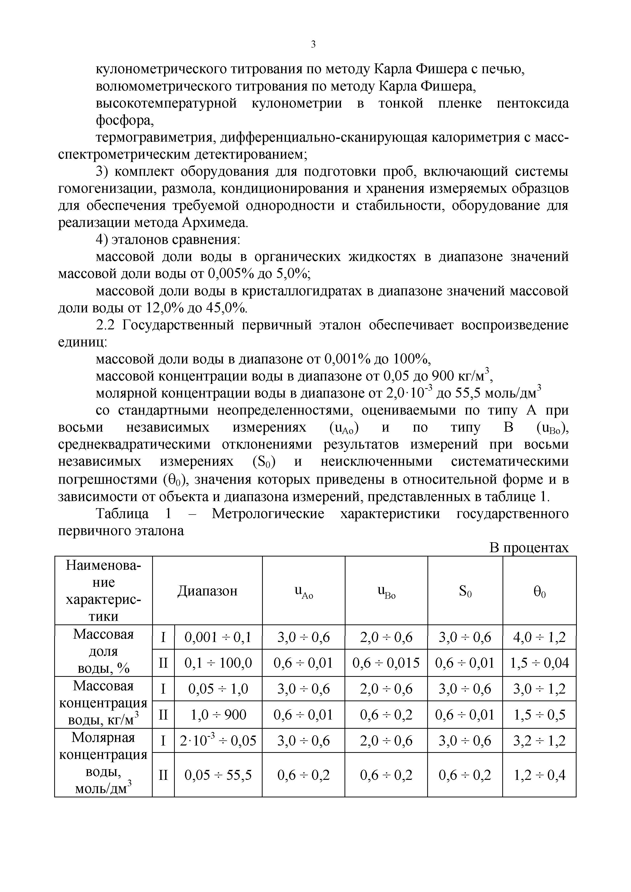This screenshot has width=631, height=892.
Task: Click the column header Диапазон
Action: [207, 591]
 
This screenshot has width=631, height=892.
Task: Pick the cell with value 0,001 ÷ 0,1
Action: [218, 637]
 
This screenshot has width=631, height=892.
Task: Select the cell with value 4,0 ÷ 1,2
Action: [539, 637]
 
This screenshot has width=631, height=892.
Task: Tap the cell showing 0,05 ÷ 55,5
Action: [218, 776]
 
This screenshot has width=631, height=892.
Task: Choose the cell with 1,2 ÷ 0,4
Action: [539, 776]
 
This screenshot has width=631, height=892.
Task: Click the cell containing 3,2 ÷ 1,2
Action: [539, 740]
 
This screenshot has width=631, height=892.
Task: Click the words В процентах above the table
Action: [528, 548]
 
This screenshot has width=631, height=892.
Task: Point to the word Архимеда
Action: [214, 223]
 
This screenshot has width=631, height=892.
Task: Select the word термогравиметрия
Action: [155, 138]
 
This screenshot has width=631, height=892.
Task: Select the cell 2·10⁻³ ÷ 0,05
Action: [218, 740]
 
